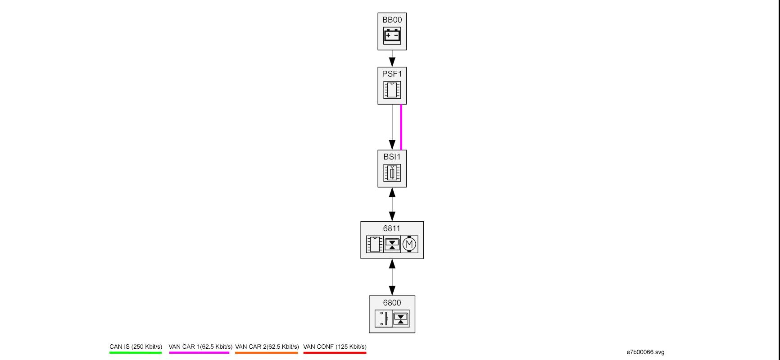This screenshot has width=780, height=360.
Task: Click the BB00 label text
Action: (x=392, y=20)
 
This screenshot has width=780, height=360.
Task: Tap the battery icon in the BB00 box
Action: (x=392, y=36)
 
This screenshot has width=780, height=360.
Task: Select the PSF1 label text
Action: (x=392, y=74)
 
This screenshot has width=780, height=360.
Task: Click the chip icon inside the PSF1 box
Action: (x=392, y=90)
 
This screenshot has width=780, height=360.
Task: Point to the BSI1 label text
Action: (x=392, y=157)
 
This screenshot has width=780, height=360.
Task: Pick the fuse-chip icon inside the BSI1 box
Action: (x=392, y=173)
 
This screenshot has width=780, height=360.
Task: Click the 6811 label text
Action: (x=392, y=228)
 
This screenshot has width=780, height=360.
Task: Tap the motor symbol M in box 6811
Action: (x=409, y=244)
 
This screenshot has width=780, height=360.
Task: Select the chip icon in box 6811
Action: (x=375, y=244)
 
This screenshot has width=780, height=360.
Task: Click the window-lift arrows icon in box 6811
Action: (x=392, y=244)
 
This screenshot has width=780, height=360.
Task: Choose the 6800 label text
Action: (x=392, y=303)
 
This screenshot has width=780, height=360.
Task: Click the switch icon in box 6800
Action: (x=383, y=319)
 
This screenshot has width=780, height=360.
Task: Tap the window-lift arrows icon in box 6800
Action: (x=401, y=319)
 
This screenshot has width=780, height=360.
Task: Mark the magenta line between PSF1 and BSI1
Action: (x=401, y=127)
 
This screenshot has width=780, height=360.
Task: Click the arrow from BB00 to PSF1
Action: (x=392, y=59)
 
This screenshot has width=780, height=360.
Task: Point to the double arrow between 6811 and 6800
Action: (x=392, y=277)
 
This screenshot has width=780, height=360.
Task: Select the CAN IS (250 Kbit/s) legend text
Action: (x=136, y=347)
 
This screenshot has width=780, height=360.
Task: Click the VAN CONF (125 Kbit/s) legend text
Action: (x=335, y=347)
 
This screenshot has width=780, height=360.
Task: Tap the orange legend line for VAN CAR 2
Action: (x=267, y=353)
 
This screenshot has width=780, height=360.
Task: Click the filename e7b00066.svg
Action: (x=645, y=352)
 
